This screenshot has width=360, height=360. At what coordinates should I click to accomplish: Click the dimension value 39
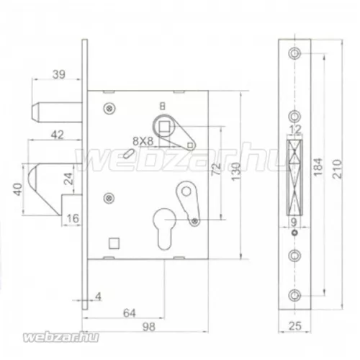pos(59,74)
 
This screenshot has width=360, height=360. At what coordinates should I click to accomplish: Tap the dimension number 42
pos(58,135)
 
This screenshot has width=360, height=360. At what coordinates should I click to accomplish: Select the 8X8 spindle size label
pos(143,141)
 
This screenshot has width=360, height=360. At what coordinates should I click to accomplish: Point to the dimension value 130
pos(236,171)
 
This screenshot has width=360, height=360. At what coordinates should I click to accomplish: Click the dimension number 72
pos(216,169)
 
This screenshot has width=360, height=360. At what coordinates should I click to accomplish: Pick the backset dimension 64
pos(130,313)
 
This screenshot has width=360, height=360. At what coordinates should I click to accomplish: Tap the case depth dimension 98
pos(149,327)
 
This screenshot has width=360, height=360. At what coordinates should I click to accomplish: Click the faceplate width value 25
pos(295,326)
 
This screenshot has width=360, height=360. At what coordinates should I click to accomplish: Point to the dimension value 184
pos(318,167)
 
